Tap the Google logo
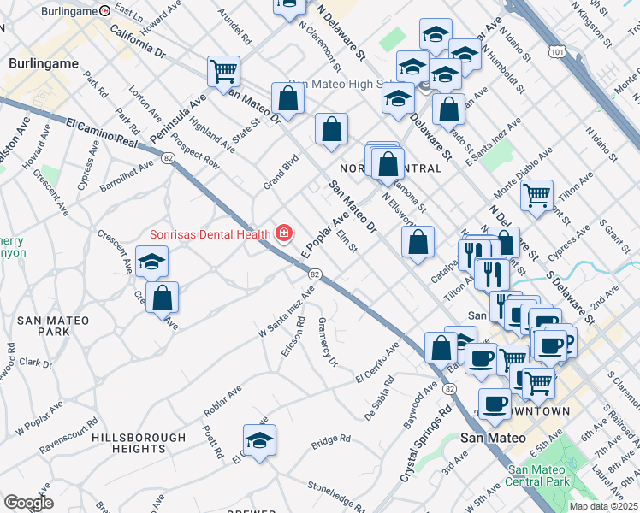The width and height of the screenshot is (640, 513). point(28,503)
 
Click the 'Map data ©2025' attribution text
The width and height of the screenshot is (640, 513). point(603,506)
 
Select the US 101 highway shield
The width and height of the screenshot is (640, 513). point(558,52)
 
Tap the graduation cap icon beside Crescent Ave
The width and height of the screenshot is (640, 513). point(151,262)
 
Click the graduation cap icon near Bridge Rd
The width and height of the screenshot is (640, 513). point(258,439)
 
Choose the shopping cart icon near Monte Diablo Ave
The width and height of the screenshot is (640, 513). point(536,195)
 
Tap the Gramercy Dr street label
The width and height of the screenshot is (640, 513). point(328,343)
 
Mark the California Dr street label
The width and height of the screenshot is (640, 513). point(137,39)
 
